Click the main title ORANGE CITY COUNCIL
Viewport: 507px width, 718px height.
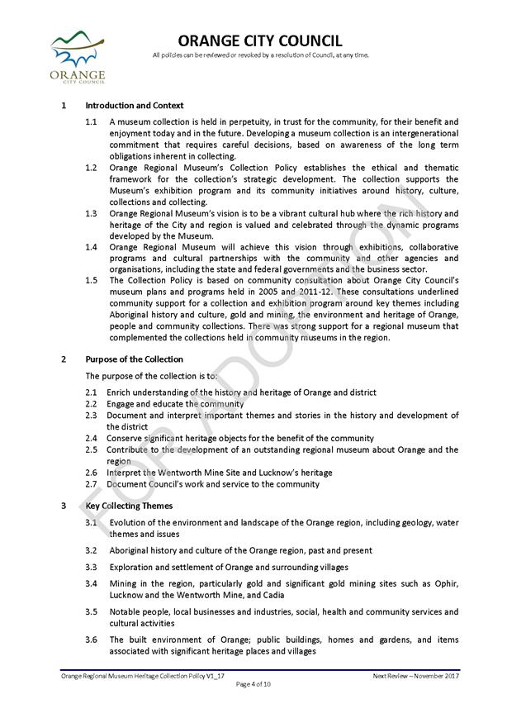tap(260, 41)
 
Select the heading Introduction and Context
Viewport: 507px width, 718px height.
tap(134, 106)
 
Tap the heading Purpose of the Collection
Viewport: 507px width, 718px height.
tap(134, 359)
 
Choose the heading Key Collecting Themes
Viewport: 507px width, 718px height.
tap(129, 505)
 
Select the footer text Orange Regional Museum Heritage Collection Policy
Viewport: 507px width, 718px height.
tap(143, 676)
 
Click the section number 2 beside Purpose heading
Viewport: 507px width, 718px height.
tap(64, 359)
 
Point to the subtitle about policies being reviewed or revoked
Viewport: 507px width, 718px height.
tap(260, 55)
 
